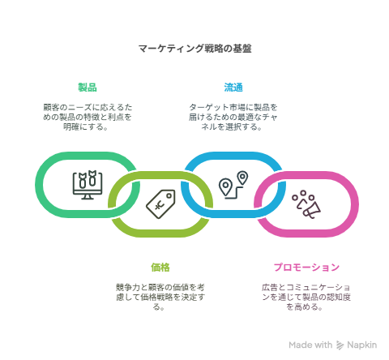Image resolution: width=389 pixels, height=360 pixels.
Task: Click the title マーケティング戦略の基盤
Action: [194, 49]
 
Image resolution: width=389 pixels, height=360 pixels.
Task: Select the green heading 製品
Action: [88, 88]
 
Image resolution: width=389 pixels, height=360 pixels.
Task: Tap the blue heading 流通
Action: [233, 88]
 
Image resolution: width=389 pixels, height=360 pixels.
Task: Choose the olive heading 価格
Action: [160, 267]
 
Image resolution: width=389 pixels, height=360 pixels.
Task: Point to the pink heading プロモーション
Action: [306, 267]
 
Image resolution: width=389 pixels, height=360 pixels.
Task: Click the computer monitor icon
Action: [88, 185]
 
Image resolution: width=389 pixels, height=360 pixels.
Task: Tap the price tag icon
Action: [160, 204]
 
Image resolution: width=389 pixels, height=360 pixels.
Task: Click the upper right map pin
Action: [242, 178]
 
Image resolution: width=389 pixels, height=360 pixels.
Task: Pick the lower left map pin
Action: [225, 186]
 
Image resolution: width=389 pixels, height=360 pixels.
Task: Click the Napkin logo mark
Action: [340, 345]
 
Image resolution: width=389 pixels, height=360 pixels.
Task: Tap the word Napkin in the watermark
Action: [361, 345]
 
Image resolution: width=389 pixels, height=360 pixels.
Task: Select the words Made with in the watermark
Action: [310, 345]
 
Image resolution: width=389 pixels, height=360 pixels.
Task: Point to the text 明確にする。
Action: [86, 126]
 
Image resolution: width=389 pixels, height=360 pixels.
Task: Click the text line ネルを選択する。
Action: [232, 126]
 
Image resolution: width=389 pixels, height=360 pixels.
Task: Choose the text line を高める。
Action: [304, 306]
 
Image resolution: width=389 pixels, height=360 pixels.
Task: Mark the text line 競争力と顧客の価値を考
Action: [160, 287]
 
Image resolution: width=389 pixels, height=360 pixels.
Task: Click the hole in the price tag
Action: [169, 195]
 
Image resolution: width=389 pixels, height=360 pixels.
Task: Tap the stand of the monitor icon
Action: [88, 197]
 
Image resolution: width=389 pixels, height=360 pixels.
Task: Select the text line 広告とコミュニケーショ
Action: [306, 287]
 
